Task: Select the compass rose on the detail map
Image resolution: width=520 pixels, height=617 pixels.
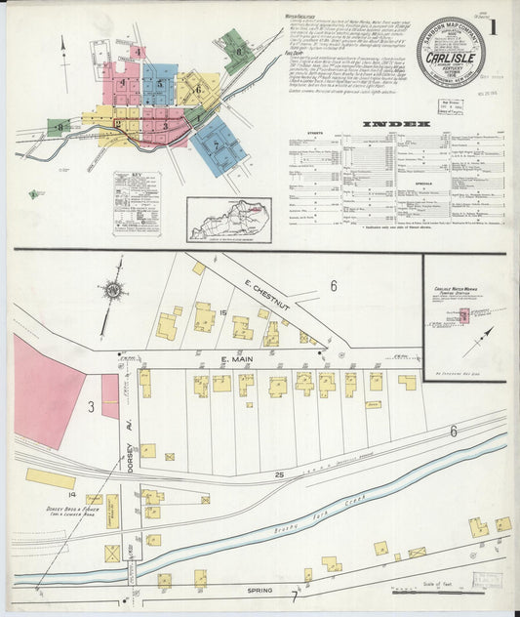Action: click(x=112, y=290)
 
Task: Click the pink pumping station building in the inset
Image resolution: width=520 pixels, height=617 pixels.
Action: click(x=463, y=315)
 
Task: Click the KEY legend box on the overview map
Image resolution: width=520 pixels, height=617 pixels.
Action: click(x=137, y=203)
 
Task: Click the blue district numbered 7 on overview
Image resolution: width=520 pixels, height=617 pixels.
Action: click(x=216, y=145)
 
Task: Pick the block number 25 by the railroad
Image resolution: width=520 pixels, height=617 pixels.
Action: click(x=280, y=475)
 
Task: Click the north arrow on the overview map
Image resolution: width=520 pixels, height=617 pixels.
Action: click(x=64, y=51)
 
